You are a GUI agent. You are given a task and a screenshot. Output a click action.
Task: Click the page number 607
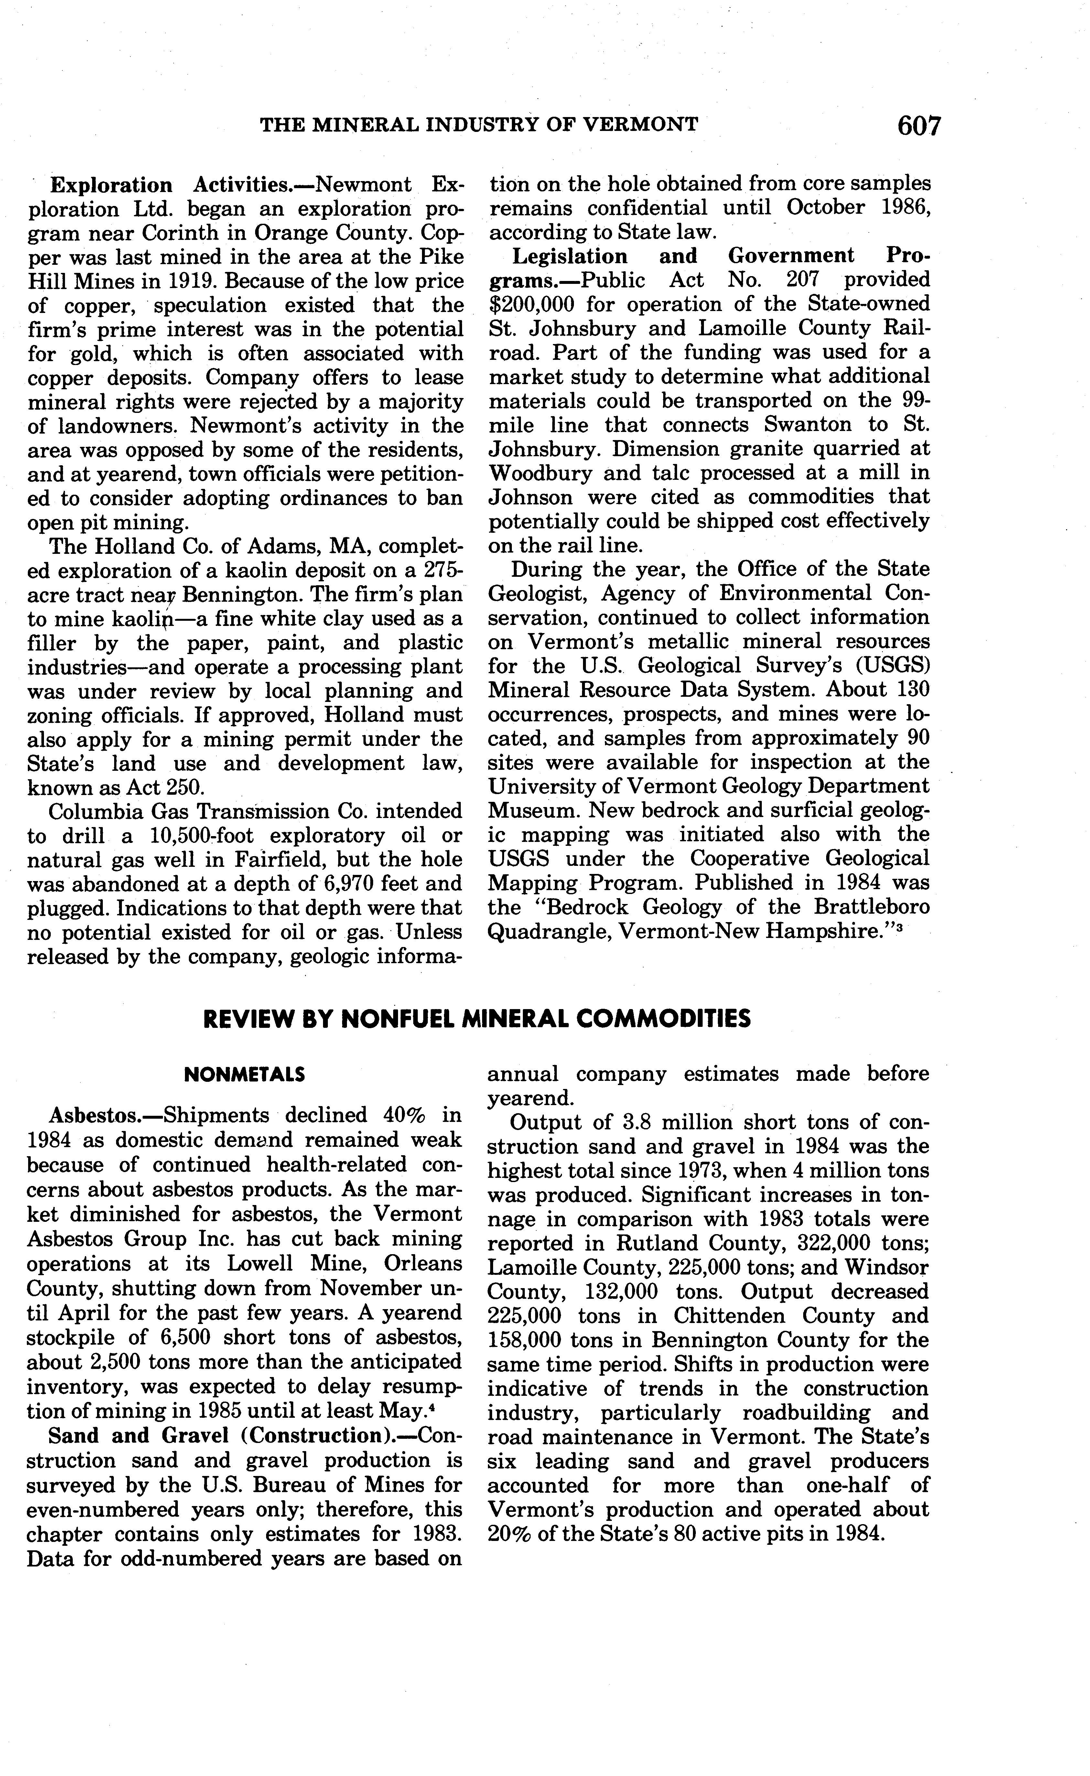[919, 126]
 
